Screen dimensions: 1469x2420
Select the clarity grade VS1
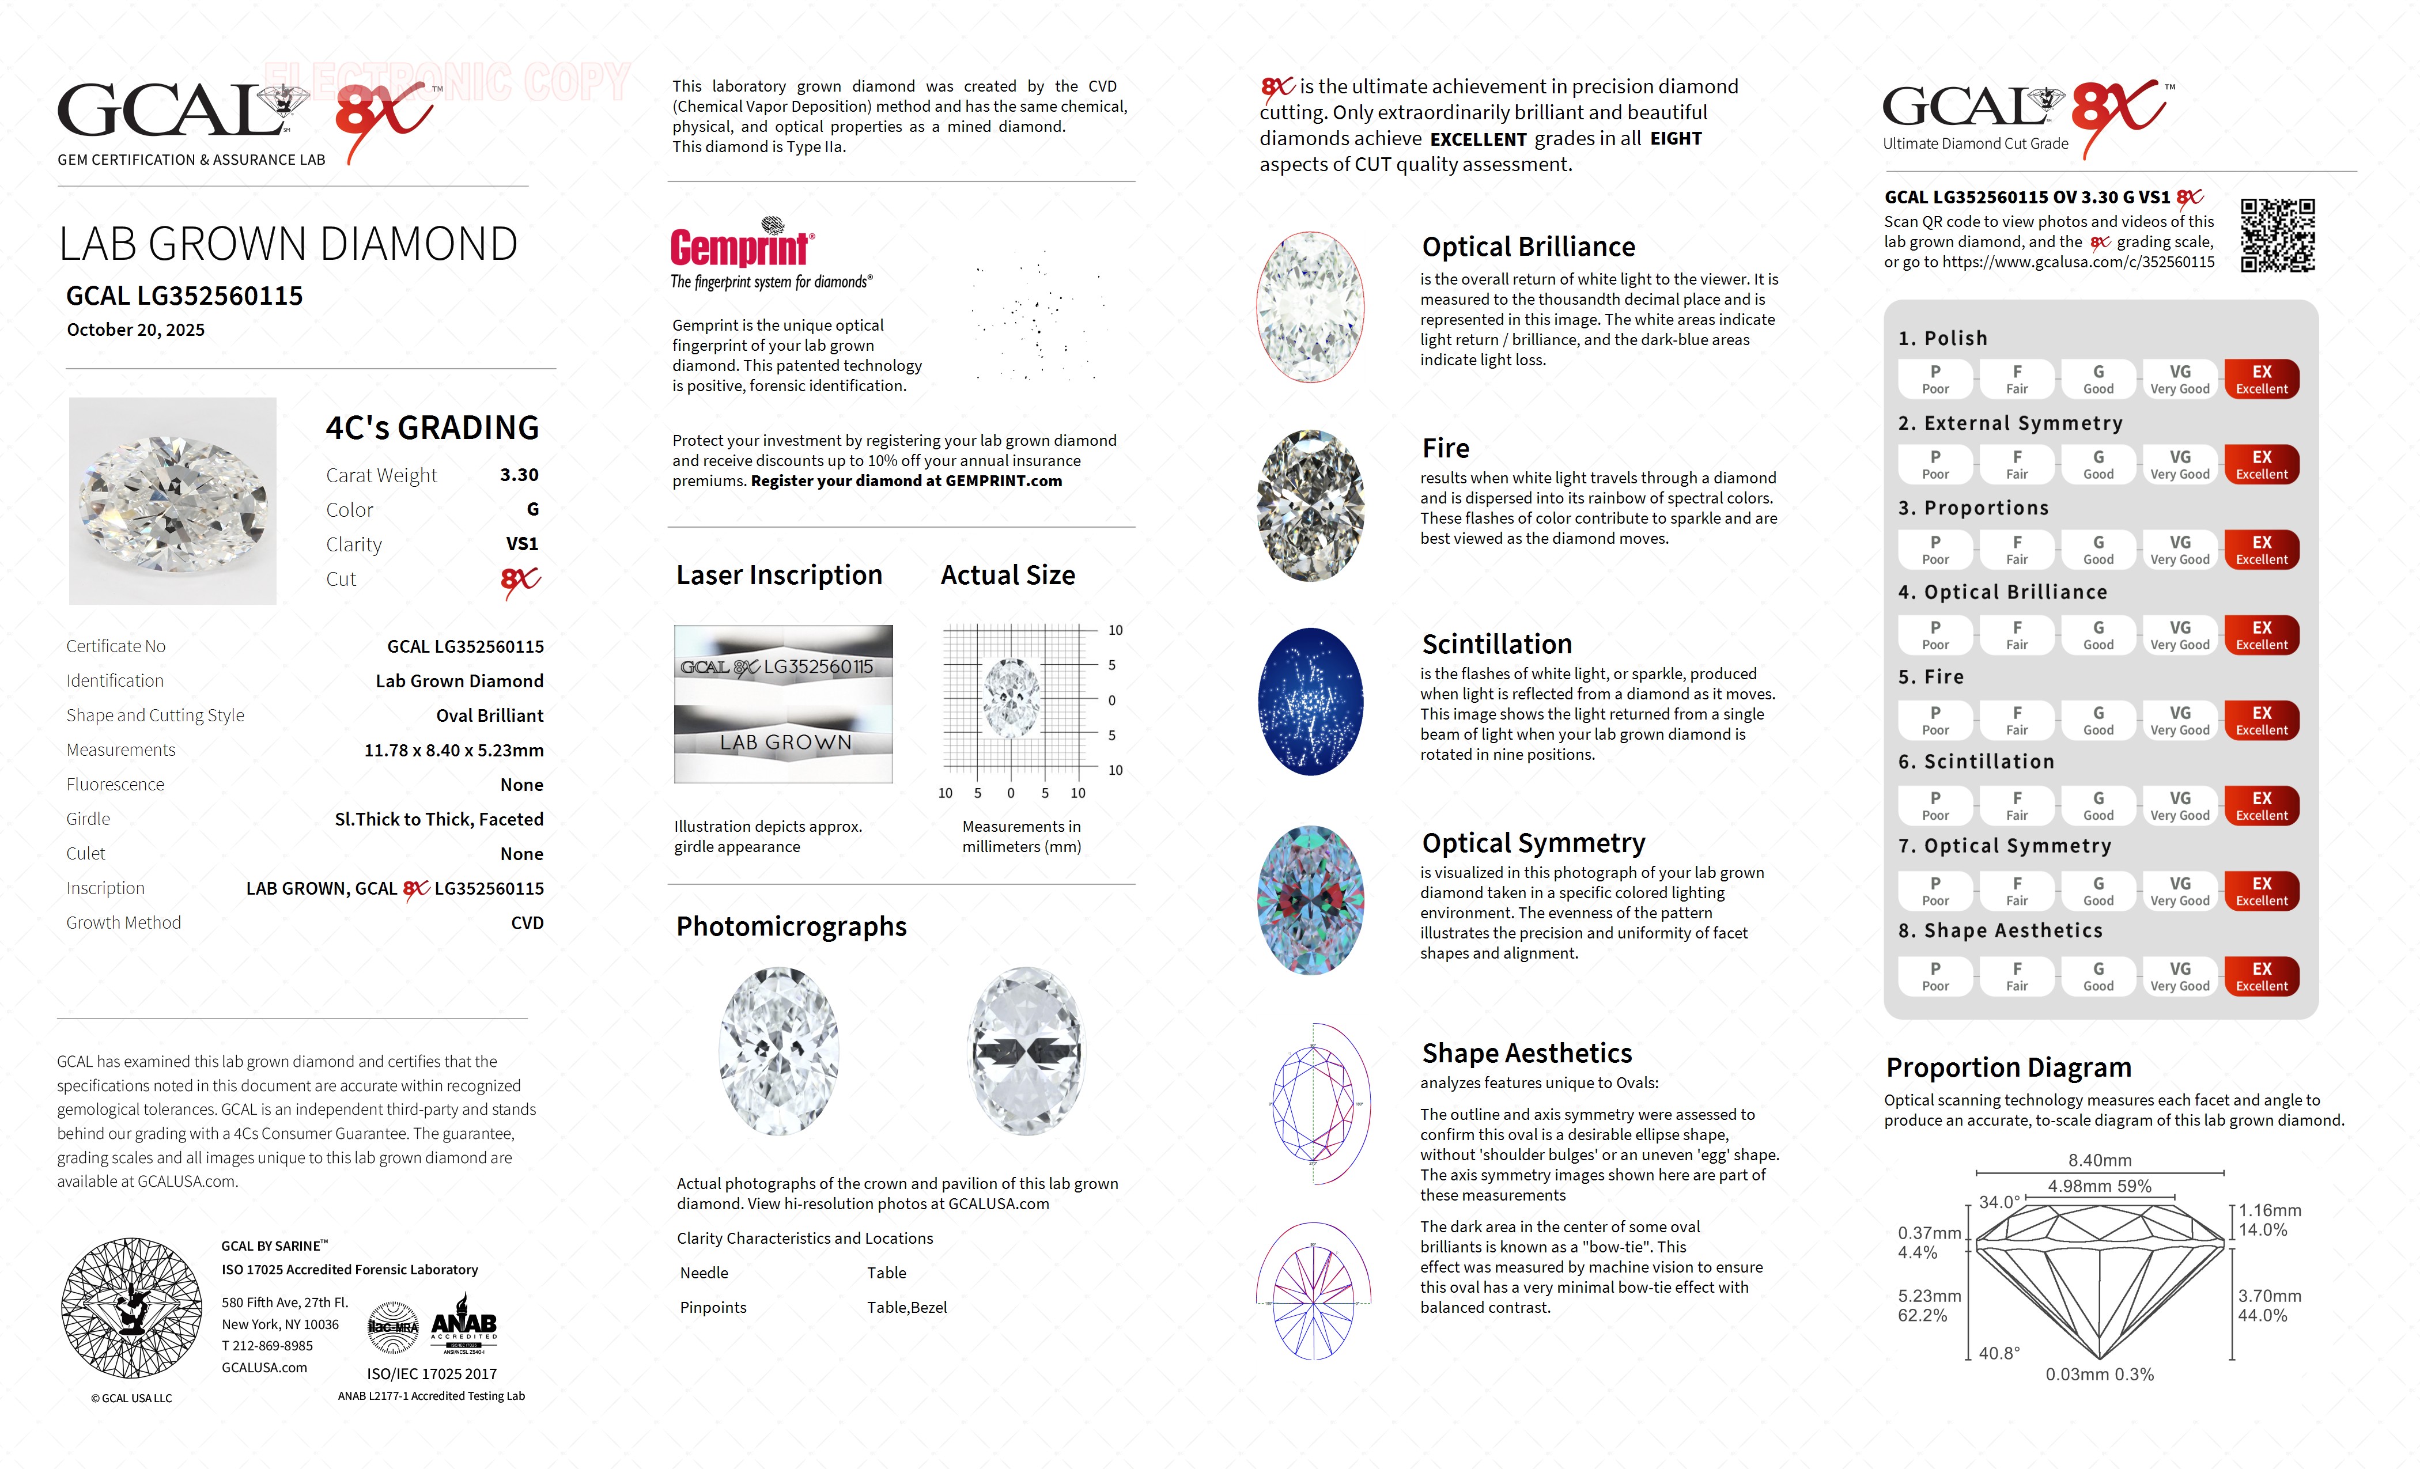point(521,544)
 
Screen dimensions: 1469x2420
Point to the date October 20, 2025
point(135,330)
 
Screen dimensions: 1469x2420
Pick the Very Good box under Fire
point(2179,721)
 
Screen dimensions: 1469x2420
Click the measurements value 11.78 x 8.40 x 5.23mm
point(454,750)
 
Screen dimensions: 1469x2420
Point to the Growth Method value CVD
point(527,923)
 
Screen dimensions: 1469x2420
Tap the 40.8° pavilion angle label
point(1999,1353)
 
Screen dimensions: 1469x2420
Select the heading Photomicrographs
point(791,927)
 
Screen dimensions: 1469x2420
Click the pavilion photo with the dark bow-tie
point(1026,1052)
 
